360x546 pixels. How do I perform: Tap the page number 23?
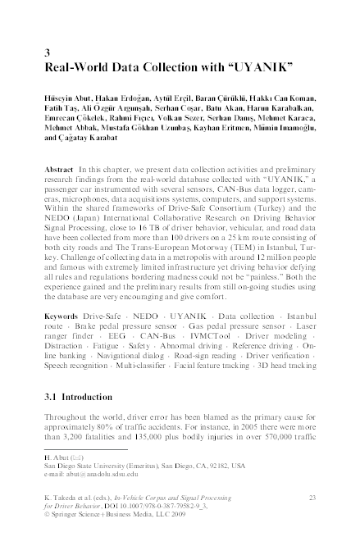311,498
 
